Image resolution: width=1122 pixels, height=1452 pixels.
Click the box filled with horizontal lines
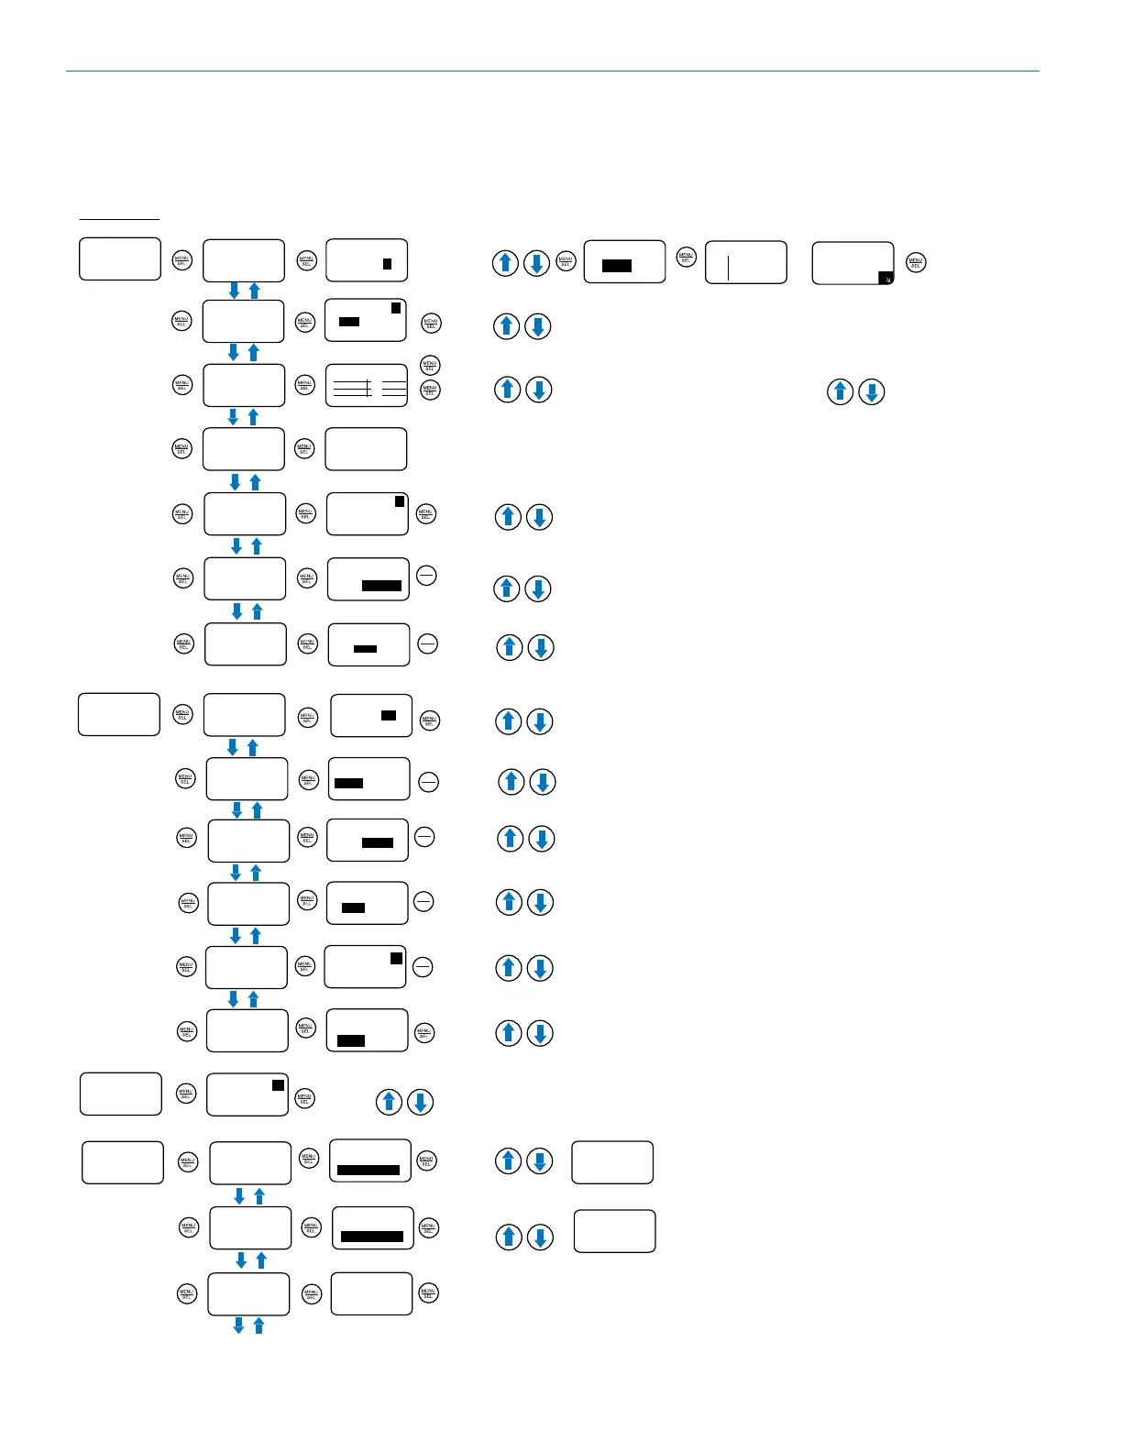[367, 385]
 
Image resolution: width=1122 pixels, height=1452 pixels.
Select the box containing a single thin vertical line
[745, 262]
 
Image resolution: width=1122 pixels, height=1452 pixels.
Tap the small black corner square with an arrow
[885, 277]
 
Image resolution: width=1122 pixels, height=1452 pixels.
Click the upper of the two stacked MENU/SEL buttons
[430, 365]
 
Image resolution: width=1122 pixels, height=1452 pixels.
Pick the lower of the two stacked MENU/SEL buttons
[430, 390]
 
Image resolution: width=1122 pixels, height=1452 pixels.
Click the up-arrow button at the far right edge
[841, 392]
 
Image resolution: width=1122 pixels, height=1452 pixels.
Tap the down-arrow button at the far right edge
[872, 392]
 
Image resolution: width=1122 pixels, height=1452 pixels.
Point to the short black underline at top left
[119, 219]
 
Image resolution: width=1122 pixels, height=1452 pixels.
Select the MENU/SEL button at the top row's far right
[915, 263]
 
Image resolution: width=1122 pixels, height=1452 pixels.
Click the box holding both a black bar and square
[366, 320]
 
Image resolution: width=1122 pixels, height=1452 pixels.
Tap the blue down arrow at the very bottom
[238, 1325]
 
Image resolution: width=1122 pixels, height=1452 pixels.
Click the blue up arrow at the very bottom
[258, 1325]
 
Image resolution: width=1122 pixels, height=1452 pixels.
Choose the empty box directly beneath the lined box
[366, 449]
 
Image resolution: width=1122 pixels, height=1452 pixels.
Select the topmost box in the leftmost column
[120, 258]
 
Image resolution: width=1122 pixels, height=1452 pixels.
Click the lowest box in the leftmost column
[123, 1162]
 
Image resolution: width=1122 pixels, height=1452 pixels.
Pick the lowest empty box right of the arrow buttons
[614, 1231]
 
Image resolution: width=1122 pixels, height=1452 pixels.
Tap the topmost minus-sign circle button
[426, 576]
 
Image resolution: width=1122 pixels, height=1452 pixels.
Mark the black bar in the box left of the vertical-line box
[617, 266]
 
